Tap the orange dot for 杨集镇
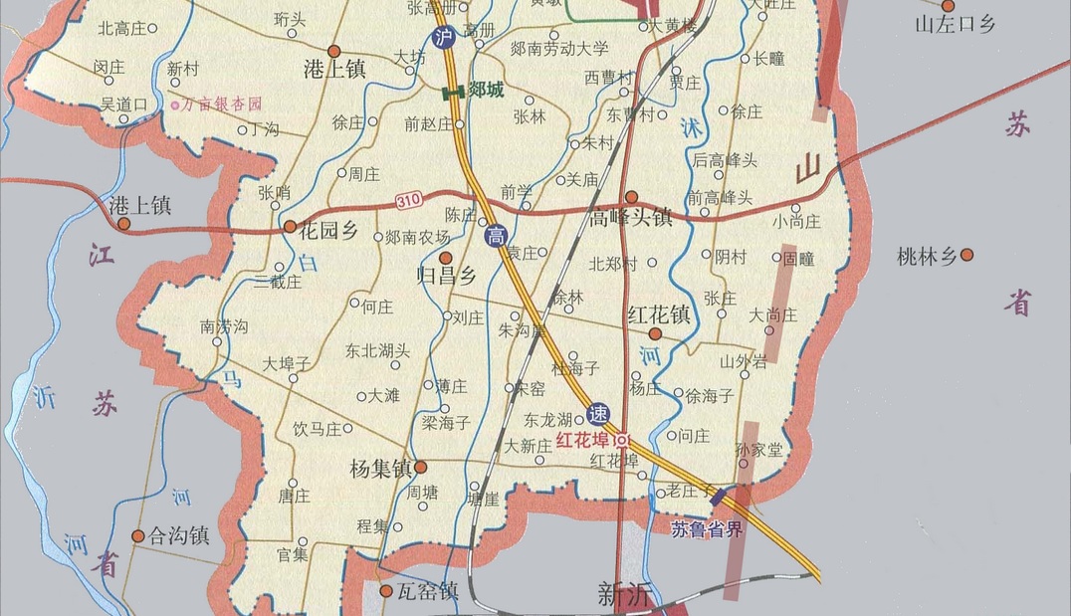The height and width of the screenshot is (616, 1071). (x=421, y=466)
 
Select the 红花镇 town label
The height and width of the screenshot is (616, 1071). (x=659, y=315)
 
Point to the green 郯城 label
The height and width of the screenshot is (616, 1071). (x=486, y=91)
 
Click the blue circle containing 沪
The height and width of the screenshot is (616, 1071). (x=443, y=38)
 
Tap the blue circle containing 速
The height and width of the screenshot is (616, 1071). (x=597, y=414)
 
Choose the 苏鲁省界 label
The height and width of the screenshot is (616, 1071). (x=708, y=528)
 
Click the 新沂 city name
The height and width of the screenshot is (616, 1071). (x=624, y=595)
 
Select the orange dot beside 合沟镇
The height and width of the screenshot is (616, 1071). (x=138, y=535)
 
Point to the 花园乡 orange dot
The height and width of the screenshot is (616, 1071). (x=290, y=227)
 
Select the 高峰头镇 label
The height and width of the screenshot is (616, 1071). (x=631, y=218)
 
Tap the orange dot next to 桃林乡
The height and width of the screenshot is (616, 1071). (x=966, y=256)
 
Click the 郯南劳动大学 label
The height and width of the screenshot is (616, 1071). (x=558, y=48)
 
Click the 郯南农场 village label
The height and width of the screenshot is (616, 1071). (x=418, y=237)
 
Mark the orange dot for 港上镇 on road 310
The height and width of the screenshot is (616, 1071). (x=123, y=224)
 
